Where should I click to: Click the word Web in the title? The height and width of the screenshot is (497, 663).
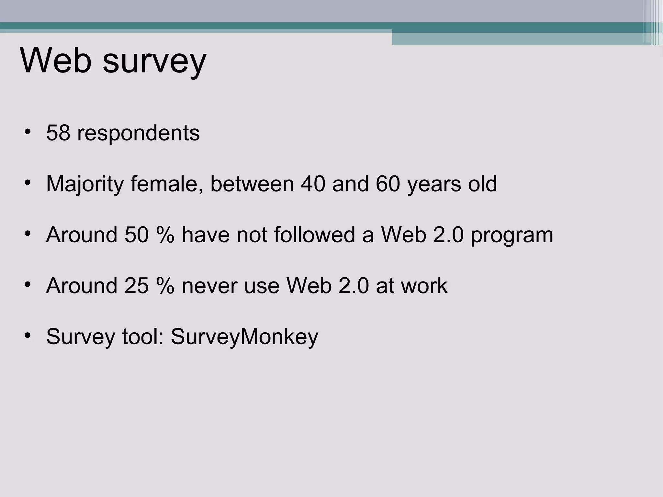pos(56,61)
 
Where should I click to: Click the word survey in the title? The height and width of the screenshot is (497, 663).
pos(154,61)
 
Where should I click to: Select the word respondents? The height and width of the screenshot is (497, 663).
pos(138,133)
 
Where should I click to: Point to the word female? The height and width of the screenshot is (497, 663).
pos(167,184)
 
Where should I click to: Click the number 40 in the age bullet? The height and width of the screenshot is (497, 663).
pos(313,184)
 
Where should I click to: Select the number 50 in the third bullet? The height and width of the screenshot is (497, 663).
pos(136,235)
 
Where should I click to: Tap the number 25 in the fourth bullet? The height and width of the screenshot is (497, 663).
pos(136,286)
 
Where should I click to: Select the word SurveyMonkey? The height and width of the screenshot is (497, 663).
pos(244,337)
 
